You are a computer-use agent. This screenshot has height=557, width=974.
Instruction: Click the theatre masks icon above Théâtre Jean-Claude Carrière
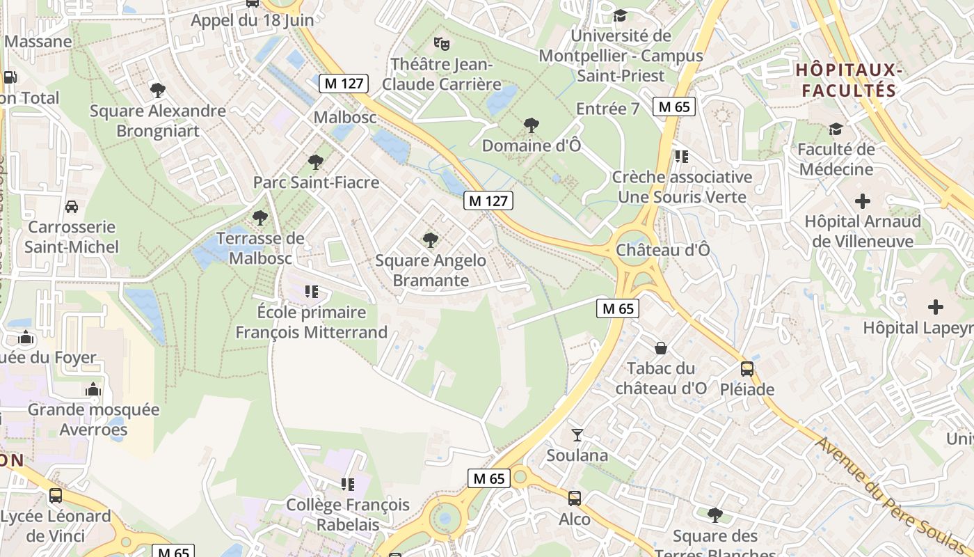(441, 44)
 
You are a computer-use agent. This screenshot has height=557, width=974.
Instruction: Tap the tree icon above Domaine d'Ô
(532, 125)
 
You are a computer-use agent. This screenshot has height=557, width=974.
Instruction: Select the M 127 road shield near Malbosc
(344, 84)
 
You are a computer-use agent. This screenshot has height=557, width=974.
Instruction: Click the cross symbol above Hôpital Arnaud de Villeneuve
(863, 202)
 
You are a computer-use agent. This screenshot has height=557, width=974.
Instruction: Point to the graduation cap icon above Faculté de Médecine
(836, 129)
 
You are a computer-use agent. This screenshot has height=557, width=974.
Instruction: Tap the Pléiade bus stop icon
(747, 369)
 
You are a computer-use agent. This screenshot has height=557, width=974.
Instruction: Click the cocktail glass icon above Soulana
(577, 435)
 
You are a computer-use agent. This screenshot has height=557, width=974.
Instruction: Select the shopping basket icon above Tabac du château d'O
(661, 347)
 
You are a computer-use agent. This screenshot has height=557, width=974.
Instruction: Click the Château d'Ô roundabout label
(663, 249)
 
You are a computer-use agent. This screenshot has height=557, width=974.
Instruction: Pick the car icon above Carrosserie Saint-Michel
(72, 207)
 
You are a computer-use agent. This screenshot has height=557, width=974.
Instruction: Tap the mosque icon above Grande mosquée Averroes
(93, 389)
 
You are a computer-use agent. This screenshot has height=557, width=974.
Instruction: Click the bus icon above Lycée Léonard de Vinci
(56, 496)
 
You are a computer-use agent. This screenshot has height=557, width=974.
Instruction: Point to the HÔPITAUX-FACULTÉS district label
(849, 80)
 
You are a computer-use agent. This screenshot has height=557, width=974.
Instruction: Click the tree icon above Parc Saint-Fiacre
(316, 162)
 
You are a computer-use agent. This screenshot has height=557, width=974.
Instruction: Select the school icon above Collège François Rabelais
(348, 484)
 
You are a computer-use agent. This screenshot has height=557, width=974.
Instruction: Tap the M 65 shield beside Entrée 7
(674, 107)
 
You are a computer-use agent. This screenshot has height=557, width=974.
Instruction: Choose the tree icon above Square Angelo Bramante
(431, 240)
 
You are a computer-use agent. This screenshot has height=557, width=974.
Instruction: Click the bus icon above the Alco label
(575, 499)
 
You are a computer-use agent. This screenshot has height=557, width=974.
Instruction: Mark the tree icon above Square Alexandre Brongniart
(158, 90)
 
